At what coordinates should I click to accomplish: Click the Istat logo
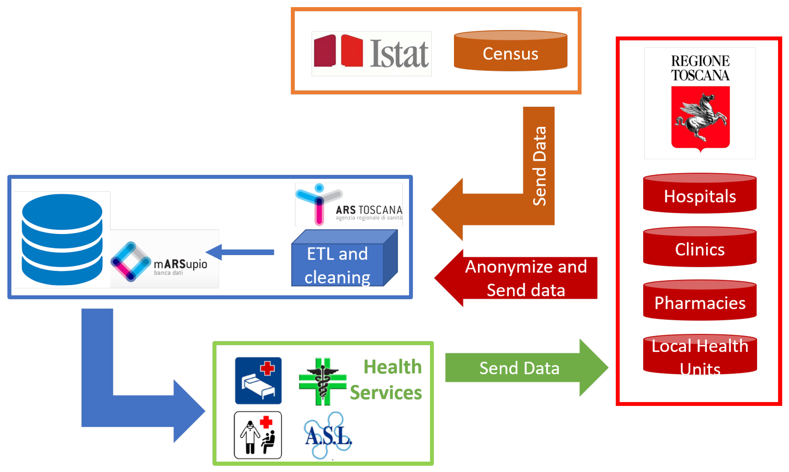pyautogui.click(x=371, y=53)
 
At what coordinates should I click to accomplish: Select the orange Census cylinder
pyautogui.click(x=511, y=51)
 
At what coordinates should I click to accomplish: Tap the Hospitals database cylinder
pyautogui.click(x=700, y=193)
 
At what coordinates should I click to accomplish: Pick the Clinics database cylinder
pyautogui.click(x=700, y=247)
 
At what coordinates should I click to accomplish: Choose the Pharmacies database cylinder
pyautogui.click(x=700, y=300)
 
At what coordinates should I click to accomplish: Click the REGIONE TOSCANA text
pyautogui.click(x=701, y=68)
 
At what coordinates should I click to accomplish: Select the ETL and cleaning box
pyautogui.click(x=344, y=258)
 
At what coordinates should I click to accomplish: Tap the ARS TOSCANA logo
pyautogui.click(x=349, y=204)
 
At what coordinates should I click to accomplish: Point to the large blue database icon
pyautogui.click(x=62, y=239)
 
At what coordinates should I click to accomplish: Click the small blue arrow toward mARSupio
pyautogui.click(x=240, y=252)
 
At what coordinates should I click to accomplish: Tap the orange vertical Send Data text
pyautogui.click(x=540, y=166)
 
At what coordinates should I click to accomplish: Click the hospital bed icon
pyautogui.click(x=258, y=380)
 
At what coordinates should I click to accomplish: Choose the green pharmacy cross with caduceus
pyautogui.click(x=323, y=382)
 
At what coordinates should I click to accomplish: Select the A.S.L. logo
pyautogui.click(x=328, y=435)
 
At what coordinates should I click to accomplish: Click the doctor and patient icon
pyautogui.click(x=258, y=435)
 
